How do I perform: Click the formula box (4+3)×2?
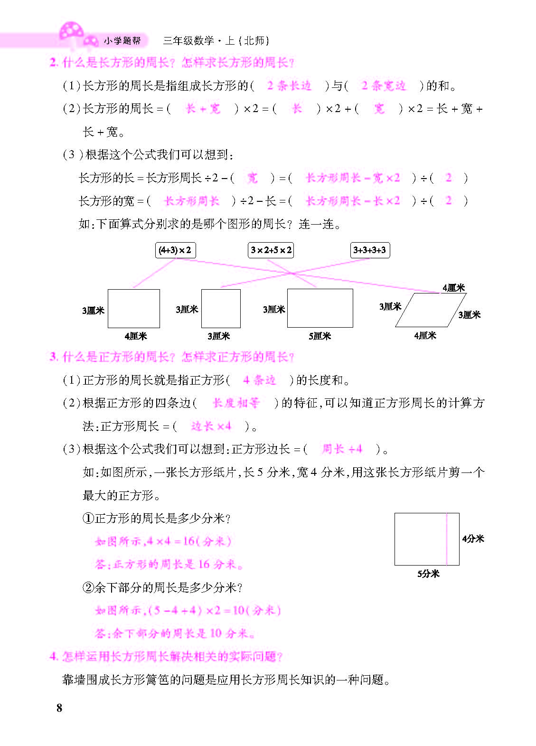coord(175,250)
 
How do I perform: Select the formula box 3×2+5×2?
coord(271,250)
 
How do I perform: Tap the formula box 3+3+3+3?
coord(370,250)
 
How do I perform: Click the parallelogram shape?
coord(431,310)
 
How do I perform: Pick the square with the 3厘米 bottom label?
coord(221,309)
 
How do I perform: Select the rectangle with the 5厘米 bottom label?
coord(320,308)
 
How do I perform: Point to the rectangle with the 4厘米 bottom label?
coord(133,309)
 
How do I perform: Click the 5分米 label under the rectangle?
coord(428,574)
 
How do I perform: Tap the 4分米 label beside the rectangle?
coord(473,538)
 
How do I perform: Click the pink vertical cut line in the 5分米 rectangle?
coord(447,539)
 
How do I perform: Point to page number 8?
coord(59,708)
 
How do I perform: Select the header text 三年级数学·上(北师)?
coord(216,41)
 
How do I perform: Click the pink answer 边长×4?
coord(211,426)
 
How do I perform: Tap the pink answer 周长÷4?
coord(342,449)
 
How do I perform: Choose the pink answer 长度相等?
coord(236,403)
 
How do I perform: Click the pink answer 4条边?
coord(259,380)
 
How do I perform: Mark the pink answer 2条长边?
coord(289,86)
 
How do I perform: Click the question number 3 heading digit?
coord(53,357)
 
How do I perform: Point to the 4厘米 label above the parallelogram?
coord(453,288)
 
